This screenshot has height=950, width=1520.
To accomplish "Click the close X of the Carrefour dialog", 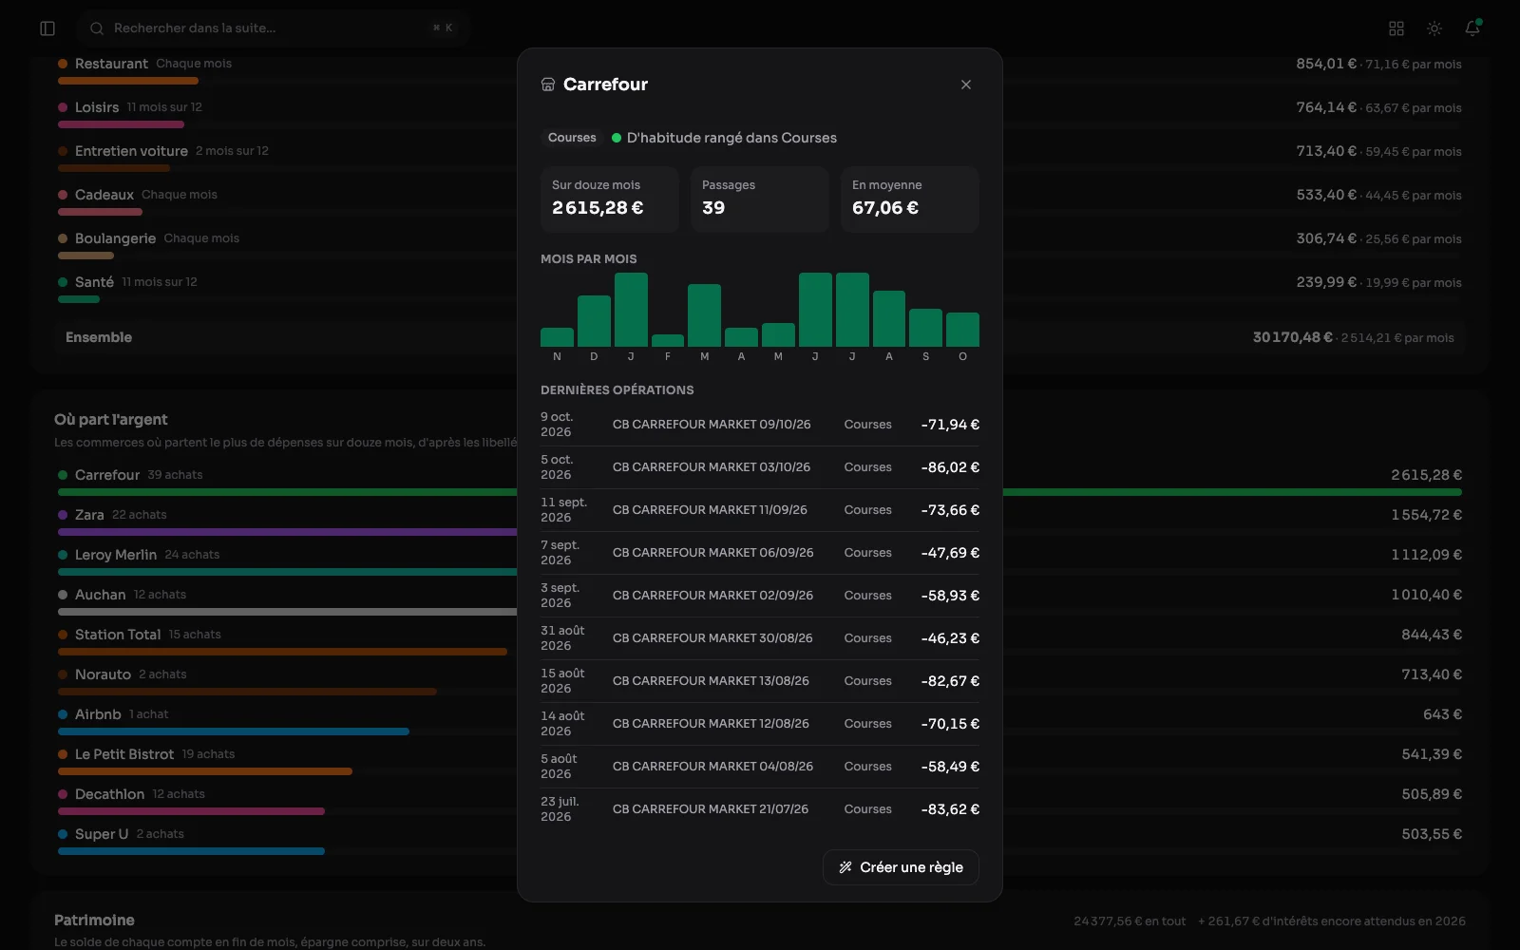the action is (x=965, y=85).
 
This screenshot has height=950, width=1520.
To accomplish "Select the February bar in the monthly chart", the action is (x=668, y=341).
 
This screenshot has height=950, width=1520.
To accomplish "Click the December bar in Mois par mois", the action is (x=594, y=321).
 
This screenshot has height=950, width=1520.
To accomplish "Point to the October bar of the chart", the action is (x=962, y=330).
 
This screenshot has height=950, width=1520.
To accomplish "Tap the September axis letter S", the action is (x=925, y=356).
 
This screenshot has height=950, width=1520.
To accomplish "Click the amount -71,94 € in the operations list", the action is (x=950, y=425).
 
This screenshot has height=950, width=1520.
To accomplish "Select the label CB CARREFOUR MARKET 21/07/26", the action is (x=711, y=808).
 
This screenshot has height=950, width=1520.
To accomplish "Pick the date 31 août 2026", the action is (x=562, y=637).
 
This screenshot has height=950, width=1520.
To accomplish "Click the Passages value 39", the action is (x=713, y=208).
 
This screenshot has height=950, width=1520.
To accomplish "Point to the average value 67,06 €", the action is (x=884, y=208).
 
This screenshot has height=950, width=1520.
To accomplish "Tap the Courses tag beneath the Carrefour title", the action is (x=572, y=138).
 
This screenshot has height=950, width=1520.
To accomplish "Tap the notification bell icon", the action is (x=1472, y=28).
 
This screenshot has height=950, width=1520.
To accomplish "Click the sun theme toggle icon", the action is (x=1434, y=28).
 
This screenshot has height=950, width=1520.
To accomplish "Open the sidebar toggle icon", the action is (x=47, y=28).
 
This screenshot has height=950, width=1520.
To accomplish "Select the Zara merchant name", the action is (x=89, y=515).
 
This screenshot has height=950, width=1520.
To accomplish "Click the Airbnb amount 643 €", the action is (x=1442, y=714).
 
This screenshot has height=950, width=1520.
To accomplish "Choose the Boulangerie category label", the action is (x=115, y=238).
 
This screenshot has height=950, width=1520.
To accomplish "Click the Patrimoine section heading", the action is (x=94, y=921).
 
